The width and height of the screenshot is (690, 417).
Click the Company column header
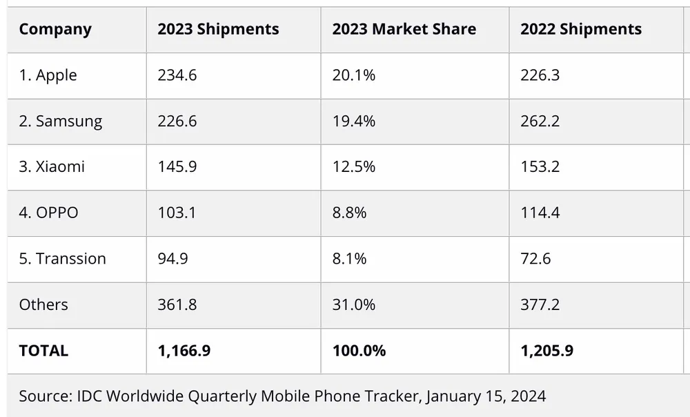[x=55, y=29]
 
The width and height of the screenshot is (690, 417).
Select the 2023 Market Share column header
[x=404, y=29]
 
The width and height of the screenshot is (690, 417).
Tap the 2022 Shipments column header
[x=581, y=29]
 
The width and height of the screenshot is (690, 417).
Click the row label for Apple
[x=48, y=75]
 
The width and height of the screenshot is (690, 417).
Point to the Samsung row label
[x=61, y=122]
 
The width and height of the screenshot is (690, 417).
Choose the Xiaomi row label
[x=52, y=167]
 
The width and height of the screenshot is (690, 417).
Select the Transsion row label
[x=62, y=259]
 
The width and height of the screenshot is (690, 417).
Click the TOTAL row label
[x=43, y=351]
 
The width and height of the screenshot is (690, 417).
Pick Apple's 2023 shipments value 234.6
[x=177, y=75]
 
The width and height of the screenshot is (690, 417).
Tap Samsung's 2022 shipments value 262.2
[x=540, y=122]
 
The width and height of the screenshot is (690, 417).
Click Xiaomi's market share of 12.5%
[x=353, y=167]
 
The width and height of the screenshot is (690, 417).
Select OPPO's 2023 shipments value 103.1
[x=177, y=213]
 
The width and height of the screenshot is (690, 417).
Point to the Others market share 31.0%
[x=353, y=304]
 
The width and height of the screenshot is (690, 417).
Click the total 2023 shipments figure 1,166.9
[x=184, y=351]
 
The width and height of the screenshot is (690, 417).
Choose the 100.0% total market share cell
[x=358, y=351]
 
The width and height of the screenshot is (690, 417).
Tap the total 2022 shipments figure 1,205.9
[x=546, y=351]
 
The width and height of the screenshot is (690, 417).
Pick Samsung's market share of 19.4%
[x=353, y=122]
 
